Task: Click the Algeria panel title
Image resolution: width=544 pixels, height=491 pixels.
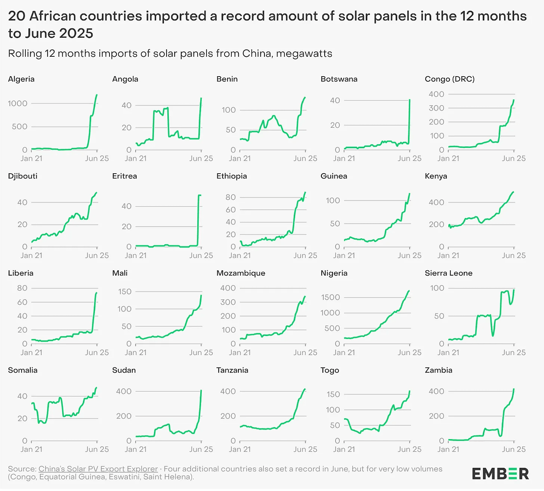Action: [21, 79]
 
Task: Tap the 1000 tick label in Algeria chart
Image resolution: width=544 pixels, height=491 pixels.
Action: [18, 103]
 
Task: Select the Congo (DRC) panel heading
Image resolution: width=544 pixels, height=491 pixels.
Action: [449, 79]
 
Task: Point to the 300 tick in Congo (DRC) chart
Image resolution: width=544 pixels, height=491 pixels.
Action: [436, 108]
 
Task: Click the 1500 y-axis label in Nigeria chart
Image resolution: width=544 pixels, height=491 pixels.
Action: [330, 297]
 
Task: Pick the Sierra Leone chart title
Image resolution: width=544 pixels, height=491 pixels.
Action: [449, 273]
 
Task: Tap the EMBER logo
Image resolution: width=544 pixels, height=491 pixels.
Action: [500, 474]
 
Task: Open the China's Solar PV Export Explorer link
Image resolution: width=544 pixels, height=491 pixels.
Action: [98, 469]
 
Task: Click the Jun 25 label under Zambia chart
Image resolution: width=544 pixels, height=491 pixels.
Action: [514, 449]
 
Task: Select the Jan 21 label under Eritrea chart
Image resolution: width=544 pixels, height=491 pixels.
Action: [136, 255]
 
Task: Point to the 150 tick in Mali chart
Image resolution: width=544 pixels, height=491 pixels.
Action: [125, 292]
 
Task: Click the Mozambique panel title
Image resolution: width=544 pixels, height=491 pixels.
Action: [241, 273]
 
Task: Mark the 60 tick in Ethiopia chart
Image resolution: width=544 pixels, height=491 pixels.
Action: [231, 209]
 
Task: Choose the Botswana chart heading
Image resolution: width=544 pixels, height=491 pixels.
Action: [339, 79]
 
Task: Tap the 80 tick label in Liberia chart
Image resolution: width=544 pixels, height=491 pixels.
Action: [22, 288]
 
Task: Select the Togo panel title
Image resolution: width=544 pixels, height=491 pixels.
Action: [330, 370]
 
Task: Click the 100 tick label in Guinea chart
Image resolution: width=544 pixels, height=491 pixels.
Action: [333, 201]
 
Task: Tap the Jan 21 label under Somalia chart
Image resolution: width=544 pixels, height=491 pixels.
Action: [31, 449]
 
